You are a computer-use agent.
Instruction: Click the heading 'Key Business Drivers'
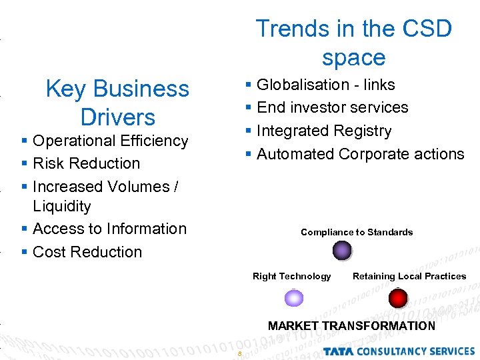coord(117,103)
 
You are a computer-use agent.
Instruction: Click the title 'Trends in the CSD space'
coord(353,43)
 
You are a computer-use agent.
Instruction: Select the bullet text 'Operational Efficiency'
coord(110,141)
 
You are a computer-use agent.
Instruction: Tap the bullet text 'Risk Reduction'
coord(86,163)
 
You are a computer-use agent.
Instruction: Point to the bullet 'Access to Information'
coord(109,229)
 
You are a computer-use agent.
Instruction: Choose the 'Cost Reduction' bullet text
coord(87,252)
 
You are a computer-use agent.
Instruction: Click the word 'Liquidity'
coord(61,207)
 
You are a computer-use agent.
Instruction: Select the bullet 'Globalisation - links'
coord(325,85)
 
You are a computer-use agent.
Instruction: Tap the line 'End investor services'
coord(332,107)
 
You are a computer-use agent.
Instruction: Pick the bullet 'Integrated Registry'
coord(324,131)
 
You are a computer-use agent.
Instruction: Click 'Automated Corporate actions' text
coord(360,154)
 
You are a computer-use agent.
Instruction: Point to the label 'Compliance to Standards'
coord(357,232)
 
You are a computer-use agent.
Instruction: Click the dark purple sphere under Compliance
coord(342,250)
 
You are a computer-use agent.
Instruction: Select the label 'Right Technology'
coord(291,276)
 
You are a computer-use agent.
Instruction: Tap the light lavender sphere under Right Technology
coord(294,297)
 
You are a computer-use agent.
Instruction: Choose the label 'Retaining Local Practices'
coord(409,276)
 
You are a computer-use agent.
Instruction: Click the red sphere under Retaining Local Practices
coord(398,297)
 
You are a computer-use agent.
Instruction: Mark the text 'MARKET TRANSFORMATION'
coord(351,326)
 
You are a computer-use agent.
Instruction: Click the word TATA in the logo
coord(341,351)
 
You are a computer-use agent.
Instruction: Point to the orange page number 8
coord(239,353)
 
